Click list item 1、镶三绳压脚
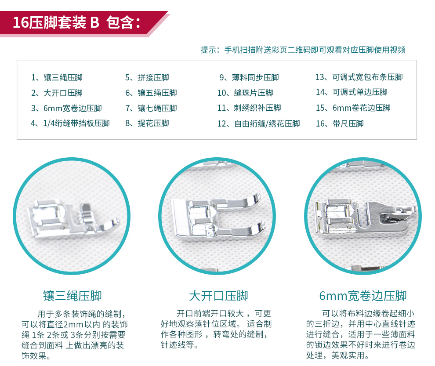pos(57,77)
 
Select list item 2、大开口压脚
pos(57,93)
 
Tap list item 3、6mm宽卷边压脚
pos(67,108)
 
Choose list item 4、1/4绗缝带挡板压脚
pos(70,123)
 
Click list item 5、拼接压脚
pos(147,77)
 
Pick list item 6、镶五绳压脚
pos(151,93)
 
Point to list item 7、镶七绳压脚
pos(151,108)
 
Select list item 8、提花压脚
pos(147,123)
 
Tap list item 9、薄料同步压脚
pos(249,77)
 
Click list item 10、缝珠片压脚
pos(246,93)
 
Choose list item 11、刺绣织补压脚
pos(250,108)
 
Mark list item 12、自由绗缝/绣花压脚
pos(259,123)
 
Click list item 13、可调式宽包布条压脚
pos(359,77)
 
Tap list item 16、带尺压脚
pos(340,123)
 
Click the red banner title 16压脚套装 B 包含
pos(76,22)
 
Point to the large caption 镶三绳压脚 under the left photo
pos(72,296)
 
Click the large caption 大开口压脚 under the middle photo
pos(219,296)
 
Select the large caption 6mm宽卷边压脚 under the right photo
pos(363,296)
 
